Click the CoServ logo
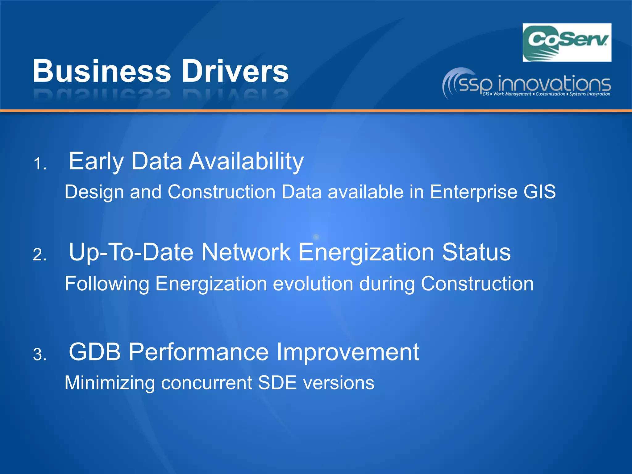click(567, 42)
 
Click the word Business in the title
click(102, 71)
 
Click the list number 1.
click(39, 164)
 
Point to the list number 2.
click(39, 255)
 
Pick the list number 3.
click(39, 355)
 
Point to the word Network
click(246, 252)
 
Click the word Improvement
click(347, 352)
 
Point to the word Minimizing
click(109, 383)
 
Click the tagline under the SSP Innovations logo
click(546, 94)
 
